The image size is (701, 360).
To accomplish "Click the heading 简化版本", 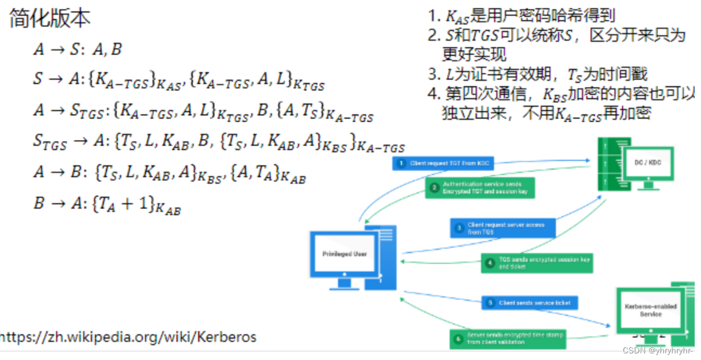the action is click(x=50, y=19).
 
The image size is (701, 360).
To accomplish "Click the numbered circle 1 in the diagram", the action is click(x=401, y=163).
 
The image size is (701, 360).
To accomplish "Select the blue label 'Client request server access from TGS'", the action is click(x=503, y=228).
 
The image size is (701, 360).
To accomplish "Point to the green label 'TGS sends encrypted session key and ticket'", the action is click(x=537, y=263).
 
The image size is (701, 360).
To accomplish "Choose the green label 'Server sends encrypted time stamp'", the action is click(x=507, y=338).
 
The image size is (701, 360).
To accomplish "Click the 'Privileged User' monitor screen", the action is click(x=344, y=254).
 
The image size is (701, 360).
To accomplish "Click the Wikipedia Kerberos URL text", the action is click(x=128, y=336).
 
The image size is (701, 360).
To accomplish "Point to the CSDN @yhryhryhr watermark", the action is click(x=657, y=351).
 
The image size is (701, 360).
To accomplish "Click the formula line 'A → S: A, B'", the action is click(x=78, y=50).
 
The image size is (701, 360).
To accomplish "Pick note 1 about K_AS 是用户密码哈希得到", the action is click(x=521, y=16).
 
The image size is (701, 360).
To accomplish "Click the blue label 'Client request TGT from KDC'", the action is click(x=443, y=163).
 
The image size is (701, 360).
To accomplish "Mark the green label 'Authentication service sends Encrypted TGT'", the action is click(x=479, y=188).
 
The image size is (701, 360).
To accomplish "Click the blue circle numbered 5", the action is click(x=490, y=303).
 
